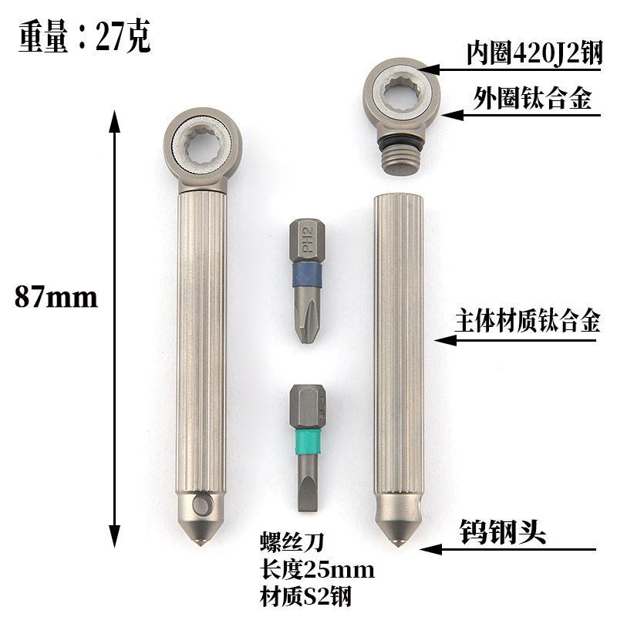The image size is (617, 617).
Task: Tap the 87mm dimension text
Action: pyautogui.click(x=56, y=297)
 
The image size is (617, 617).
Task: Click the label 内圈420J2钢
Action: pyautogui.click(x=533, y=53)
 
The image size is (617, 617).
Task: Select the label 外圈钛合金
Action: pyautogui.click(x=531, y=99)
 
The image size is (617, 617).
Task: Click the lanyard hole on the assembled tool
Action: pyautogui.click(x=203, y=505)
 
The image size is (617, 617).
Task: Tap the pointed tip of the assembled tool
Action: pyautogui.click(x=199, y=542)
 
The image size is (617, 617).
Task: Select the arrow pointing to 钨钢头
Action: pyautogui.click(x=509, y=549)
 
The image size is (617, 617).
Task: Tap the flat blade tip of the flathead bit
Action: pyautogui.click(x=308, y=506)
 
